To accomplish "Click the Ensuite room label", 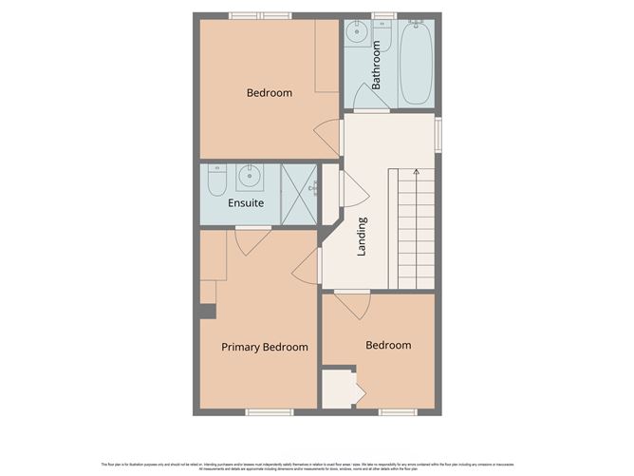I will pyautogui.click(x=246, y=203).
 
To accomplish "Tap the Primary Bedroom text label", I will pyautogui.click(x=265, y=347).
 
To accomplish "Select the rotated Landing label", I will pyautogui.click(x=362, y=237).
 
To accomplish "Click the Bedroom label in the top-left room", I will pyautogui.click(x=270, y=93).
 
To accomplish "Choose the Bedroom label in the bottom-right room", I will pyautogui.click(x=388, y=345).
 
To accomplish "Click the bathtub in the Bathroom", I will pyautogui.click(x=415, y=64).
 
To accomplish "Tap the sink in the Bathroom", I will pyautogui.click(x=358, y=35).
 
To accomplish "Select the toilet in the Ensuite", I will pyautogui.click(x=217, y=180).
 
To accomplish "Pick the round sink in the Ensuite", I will pyautogui.click(x=251, y=176).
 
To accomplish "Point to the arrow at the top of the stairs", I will pyautogui.click(x=416, y=172).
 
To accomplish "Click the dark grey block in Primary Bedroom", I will pyautogui.click(x=208, y=310).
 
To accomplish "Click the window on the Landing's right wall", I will pyautogui.click(x=438, y=134).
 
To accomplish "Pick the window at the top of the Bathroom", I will pyautogui.click(x=383, y=15).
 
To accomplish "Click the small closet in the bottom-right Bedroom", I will pyautogui.click(x=338, y=389).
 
